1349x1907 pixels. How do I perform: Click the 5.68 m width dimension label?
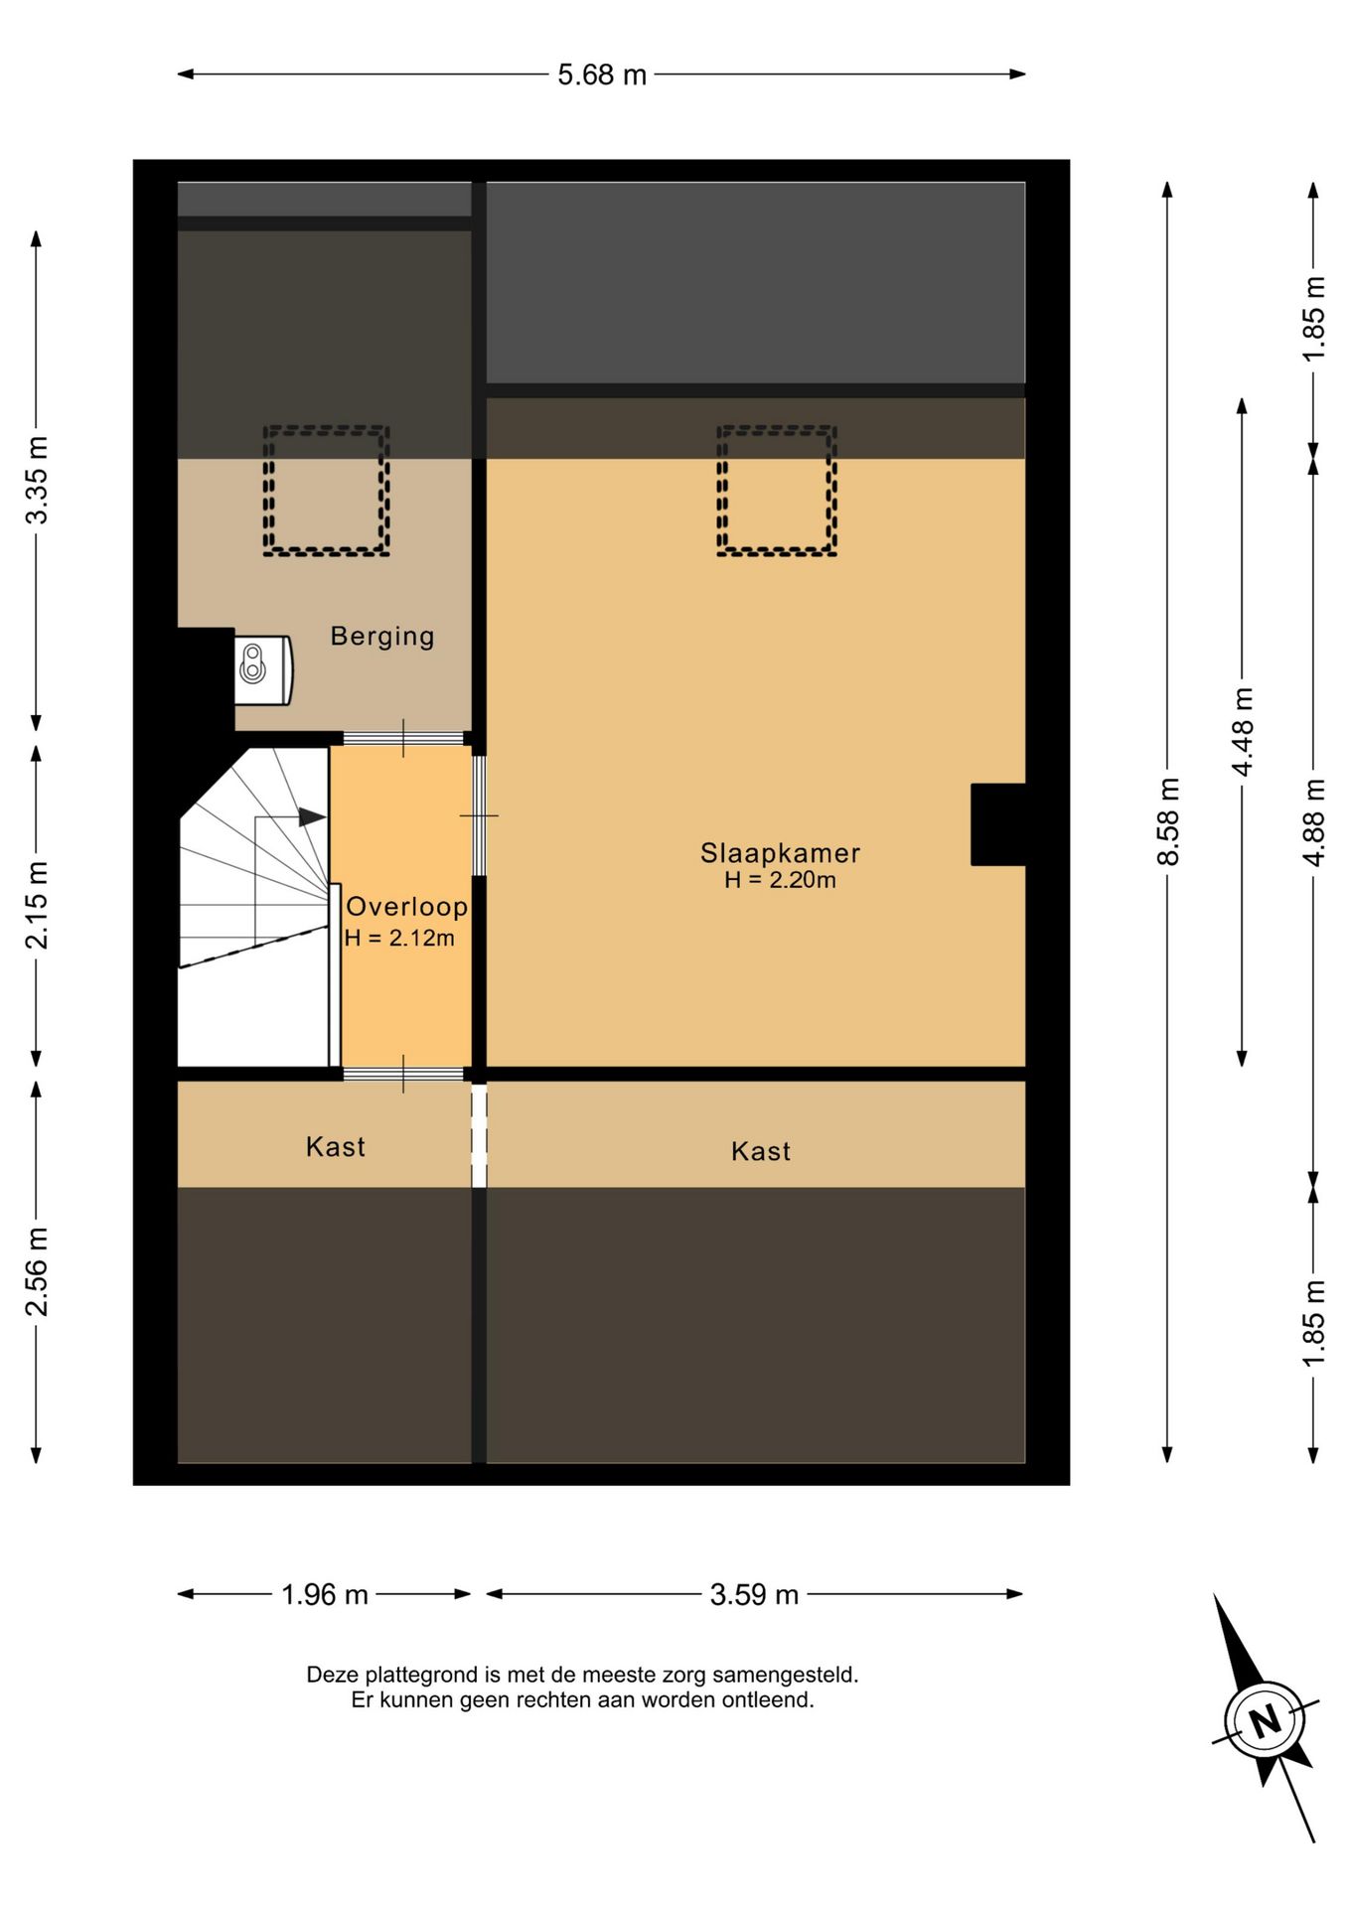click(602, 74)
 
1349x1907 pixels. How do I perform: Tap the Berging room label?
click(382, 636)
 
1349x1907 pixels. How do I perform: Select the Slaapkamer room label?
click(780, 852)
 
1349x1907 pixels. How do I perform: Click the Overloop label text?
click(406, 906)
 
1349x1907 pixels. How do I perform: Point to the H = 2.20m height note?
click(780, 880)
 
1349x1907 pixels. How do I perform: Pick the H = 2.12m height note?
click(399, 938)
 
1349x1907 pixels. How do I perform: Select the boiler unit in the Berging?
click(263, 670)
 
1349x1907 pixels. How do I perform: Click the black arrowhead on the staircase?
click(312, 817)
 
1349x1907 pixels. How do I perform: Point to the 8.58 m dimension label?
click(1168, 821)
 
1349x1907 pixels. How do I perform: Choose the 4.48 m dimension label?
click(1242, 731)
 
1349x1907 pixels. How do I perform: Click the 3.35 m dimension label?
click(37, 480)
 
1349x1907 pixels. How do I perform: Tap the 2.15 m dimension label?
click(37, 905)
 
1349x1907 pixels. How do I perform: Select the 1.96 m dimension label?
click(325, 1595)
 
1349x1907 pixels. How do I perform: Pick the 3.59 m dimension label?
click(754, 1595)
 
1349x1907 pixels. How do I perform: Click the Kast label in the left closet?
click(336, 1147)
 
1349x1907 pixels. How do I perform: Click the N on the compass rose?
click(1265, 1720)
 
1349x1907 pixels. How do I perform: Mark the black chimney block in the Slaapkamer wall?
click(998, 824)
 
